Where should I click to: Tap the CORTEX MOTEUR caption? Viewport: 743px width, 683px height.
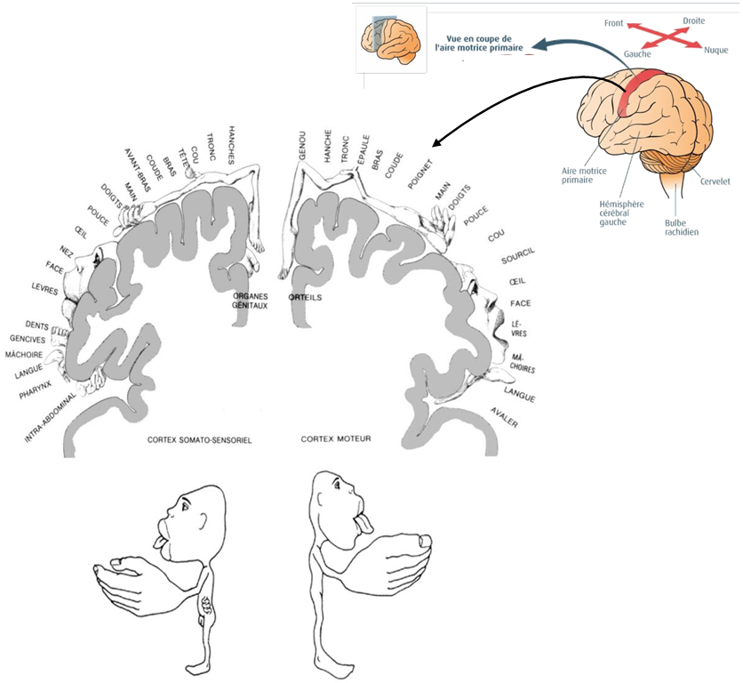tap(336, 439)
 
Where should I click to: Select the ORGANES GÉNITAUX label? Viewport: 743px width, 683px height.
tap(252, 300)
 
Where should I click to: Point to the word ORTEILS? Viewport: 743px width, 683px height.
tap(305, 297)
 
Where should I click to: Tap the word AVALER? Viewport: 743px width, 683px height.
tap(503, 417)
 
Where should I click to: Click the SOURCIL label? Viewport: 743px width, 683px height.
tap(518, 258)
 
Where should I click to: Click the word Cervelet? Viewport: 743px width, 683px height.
tap(714, 181)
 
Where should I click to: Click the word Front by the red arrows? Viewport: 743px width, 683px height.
tap(613, 23)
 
